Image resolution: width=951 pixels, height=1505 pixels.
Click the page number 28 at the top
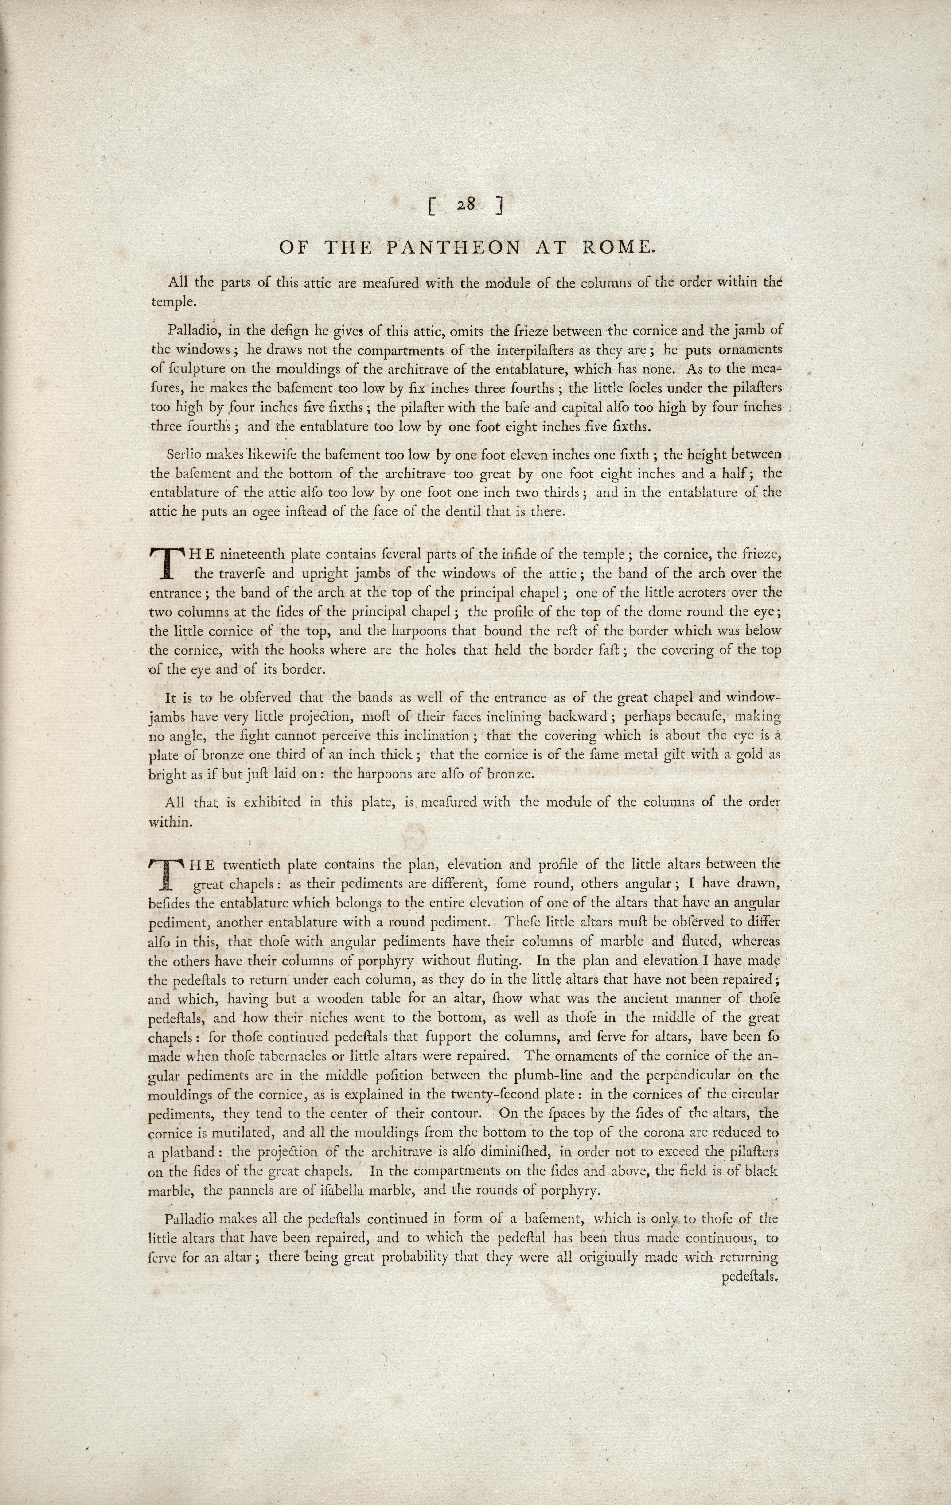pyautogui.click(x=465, y=204)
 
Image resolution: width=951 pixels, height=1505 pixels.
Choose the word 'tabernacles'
pyautogui.click(x=309, y=1056)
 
